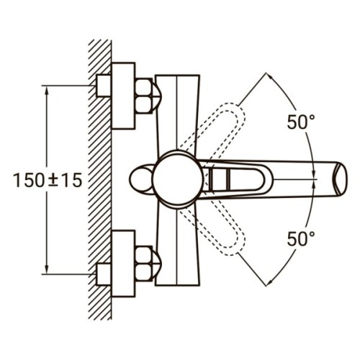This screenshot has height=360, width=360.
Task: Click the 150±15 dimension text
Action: (48, 181)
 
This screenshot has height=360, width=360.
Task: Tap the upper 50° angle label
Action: (301, 122)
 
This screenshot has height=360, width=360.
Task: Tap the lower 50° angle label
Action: (301, 239)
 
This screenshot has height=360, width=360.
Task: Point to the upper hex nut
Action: (143, 96)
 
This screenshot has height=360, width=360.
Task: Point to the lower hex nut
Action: (143, 264)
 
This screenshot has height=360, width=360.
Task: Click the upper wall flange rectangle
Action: (123, 96)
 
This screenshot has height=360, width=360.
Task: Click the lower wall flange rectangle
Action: (123, 264)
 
